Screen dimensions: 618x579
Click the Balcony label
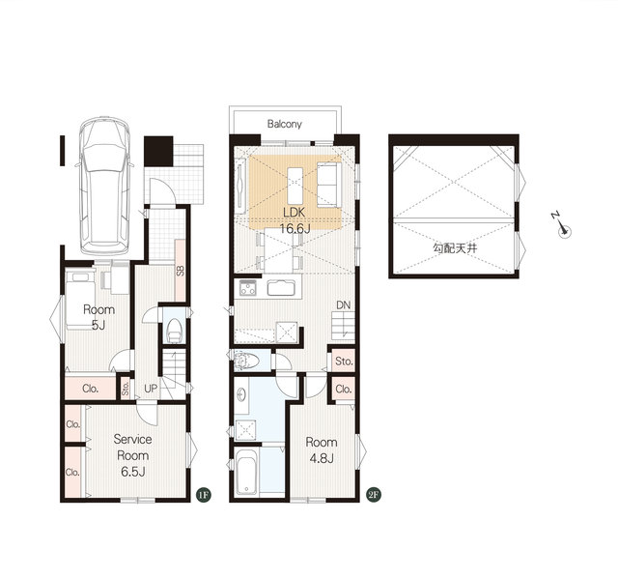(x=284, y=124)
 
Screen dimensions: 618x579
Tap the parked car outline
(x=105, y=186)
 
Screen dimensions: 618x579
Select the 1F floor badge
(x=204, y=495)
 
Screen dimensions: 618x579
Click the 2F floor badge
(x=374, y=495)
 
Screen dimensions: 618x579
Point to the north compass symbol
(x=561, y=225)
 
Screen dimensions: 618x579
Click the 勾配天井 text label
(x=455, y=248)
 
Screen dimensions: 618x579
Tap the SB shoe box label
(x=181, y=271)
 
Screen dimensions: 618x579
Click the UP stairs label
(x=151, y=389)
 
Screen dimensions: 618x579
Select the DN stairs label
(x=344, y=304)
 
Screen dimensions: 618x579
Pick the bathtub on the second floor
(x=247, y=472)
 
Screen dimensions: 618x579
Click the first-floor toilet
(x=174, y=331)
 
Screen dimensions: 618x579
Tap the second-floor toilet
(x=247, y=361)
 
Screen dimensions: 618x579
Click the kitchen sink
(x=281, y=287)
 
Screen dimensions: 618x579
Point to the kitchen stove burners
(x=248, y=287)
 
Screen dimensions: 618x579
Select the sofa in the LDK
(x=329, y=185)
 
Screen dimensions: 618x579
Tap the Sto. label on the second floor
(x=344, y=361)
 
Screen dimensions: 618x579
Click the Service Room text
(x=133, y=448)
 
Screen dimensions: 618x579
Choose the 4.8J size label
(x=322, y=459)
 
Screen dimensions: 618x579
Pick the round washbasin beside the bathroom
(x=242, y=394)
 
